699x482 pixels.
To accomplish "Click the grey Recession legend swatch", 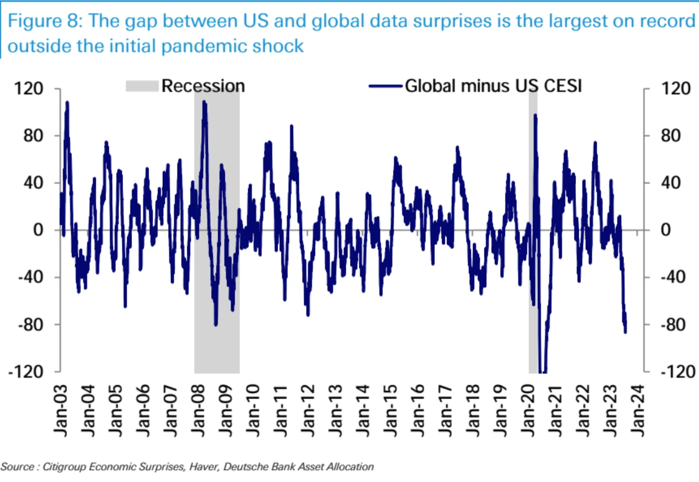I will (x=142, y=86).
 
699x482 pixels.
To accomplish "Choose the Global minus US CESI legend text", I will (x=493, y=86).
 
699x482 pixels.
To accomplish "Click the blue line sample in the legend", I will (x=386, y=86).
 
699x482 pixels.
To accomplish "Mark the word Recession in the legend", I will (x=203, y=86).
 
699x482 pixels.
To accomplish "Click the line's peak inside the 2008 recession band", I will (x=204, y=102).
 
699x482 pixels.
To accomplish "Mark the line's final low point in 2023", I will (x=626, y=332).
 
